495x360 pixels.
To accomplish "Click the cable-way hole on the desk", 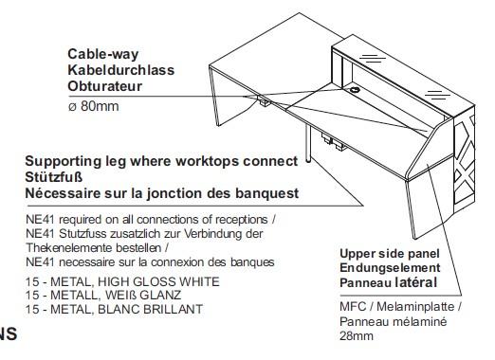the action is coord(355,90).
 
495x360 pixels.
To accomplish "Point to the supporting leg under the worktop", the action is coord(308,144).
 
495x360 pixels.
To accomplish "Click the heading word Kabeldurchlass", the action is coord(121,70).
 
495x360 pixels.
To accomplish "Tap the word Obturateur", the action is coord(105,86).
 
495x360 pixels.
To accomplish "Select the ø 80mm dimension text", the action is coord(94,106).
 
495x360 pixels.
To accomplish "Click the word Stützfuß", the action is coord(54,177).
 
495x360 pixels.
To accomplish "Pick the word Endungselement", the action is coord(390,268).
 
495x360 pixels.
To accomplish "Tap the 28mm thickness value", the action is coord(357,335).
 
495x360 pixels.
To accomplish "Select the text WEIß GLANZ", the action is coord(143,296).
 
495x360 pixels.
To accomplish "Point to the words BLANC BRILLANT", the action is coord(151,309).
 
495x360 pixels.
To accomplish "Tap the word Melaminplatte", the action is coord(415,307).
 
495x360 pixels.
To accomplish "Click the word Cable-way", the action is coord(103,55).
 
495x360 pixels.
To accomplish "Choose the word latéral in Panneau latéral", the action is coord(416,282).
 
